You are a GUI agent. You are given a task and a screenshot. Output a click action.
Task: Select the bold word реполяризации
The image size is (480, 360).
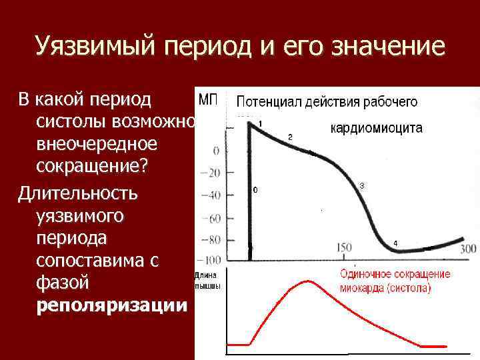(112, 305)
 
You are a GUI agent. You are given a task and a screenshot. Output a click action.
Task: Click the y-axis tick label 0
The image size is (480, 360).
(216, 151)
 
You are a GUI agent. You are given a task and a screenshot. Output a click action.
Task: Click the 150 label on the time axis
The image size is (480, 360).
(344, 248)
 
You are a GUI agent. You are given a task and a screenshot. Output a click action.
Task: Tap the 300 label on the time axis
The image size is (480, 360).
(469, 248)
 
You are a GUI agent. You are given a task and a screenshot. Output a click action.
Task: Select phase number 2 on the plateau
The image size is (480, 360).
(289, 137)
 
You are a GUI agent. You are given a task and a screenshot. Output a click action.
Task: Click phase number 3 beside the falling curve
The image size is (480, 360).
(361, 185)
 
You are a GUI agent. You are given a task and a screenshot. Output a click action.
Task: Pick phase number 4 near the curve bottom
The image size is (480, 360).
(395, 243)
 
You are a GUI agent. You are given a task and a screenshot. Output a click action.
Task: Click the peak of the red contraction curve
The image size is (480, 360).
(307, 281)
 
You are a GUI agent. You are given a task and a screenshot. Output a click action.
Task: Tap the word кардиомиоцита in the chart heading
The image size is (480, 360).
(376, 129)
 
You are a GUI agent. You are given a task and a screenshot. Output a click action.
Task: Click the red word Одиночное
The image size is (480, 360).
(367, 274)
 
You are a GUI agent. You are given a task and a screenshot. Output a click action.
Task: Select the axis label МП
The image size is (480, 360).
(209, 101)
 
